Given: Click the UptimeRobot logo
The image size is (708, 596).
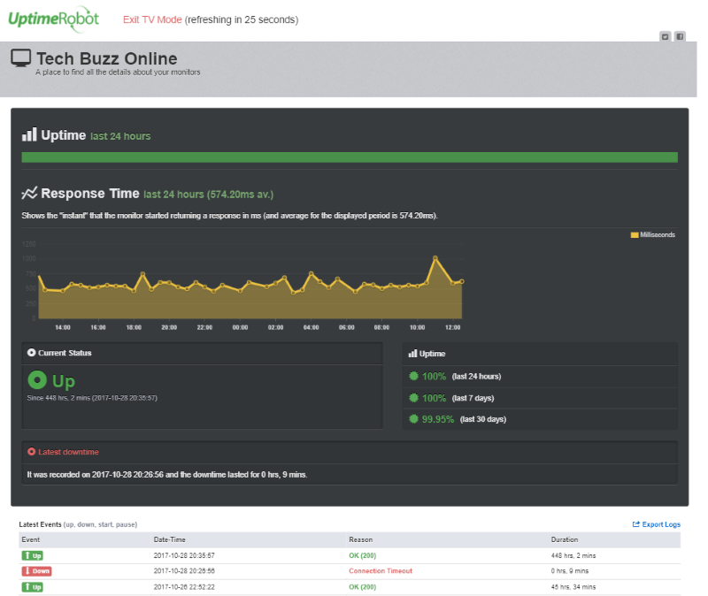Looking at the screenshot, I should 53,19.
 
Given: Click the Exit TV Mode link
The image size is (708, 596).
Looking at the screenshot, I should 152,19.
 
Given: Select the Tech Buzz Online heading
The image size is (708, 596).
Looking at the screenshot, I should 106,59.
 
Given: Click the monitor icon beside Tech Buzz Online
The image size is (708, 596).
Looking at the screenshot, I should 21,58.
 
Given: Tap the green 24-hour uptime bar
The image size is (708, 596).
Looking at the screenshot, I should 350,157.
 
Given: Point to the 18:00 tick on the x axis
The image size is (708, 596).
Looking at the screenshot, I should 133,326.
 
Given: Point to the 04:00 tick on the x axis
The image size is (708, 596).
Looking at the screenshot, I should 311,326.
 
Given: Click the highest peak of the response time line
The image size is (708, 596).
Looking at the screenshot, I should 435,257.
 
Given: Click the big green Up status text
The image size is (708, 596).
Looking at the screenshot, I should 63,381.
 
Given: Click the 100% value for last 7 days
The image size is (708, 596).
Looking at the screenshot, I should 433,398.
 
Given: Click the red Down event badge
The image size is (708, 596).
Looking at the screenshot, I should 36,571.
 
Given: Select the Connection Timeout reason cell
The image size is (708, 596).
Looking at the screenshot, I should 380,571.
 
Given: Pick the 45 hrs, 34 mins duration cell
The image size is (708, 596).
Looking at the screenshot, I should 575,587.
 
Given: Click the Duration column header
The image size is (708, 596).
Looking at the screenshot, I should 564,539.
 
